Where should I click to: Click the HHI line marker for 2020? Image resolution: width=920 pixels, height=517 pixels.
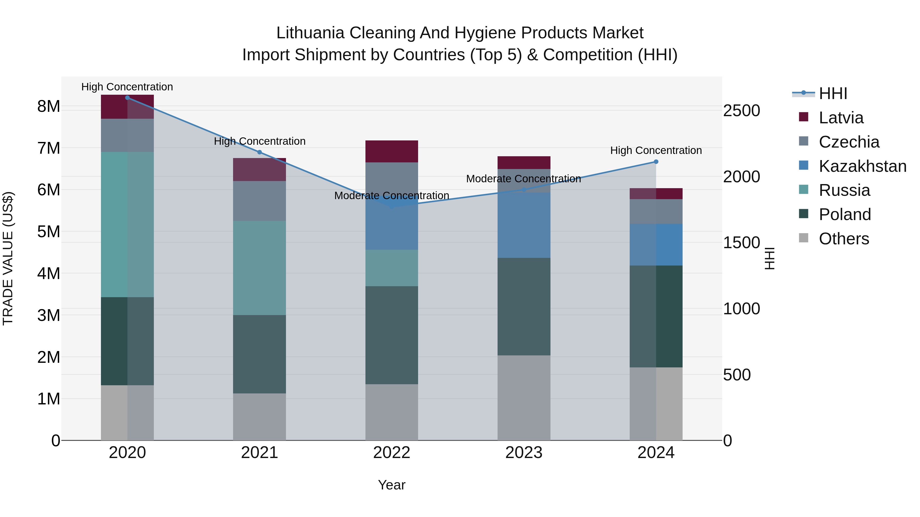click(x=128, y=98)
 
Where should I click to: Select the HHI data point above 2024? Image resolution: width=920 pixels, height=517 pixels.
click(x=656, y=162)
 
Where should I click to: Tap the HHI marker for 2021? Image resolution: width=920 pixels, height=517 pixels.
click(x=260, y=152)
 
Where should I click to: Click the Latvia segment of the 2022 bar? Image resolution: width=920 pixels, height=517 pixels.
click(x=392, y=151)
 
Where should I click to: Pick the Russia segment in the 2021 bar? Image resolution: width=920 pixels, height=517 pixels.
click(x=260, y=268)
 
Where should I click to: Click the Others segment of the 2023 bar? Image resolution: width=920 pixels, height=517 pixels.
click(x=524, y=398)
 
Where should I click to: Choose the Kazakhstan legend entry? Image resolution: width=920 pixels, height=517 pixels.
click(x=862, y=166)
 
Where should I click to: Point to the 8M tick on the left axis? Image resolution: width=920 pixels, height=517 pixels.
click(x=49, y=106)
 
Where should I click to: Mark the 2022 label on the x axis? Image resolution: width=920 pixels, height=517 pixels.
click(x=392, y=453)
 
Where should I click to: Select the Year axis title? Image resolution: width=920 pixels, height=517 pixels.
click(x=392, y=485)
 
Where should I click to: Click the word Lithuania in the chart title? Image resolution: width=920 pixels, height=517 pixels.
click(x=310, y=33)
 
